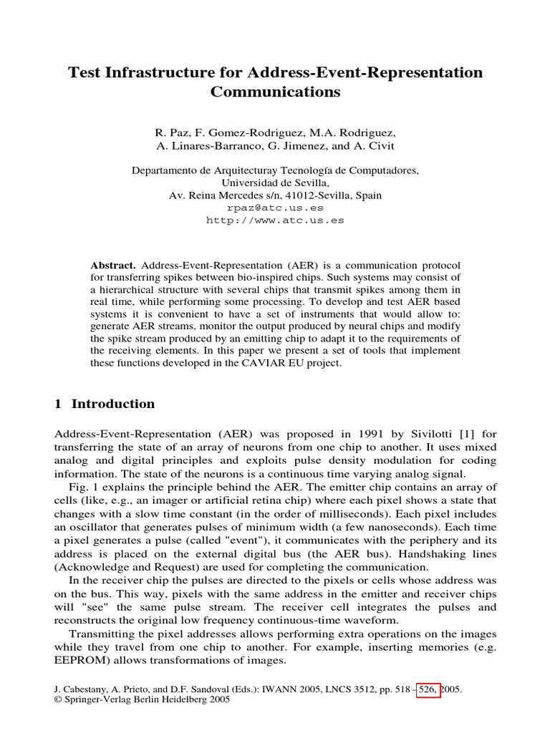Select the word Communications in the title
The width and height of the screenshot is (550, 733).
point(275,92)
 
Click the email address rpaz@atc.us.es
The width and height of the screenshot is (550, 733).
point(275,208)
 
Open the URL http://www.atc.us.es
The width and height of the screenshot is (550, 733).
point(275,220)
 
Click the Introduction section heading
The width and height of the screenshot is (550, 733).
point(112,404)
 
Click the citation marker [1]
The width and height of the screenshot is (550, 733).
point(457,434)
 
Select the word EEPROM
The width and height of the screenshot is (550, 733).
point(82,660)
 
